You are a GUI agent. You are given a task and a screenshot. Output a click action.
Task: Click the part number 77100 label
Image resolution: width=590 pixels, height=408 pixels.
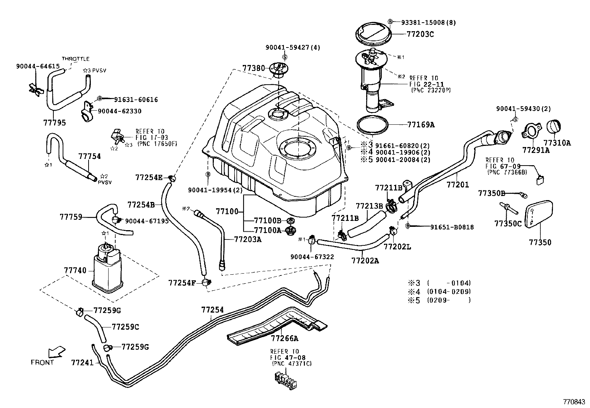coord(227,212)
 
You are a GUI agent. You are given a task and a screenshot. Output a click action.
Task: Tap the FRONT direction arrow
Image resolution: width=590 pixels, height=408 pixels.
coord(56,352)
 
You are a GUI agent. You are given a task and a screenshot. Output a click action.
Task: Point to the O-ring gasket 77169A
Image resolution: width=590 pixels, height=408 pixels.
coord(373,124)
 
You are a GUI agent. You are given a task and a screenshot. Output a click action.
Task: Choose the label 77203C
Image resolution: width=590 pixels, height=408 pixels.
coord(420,35)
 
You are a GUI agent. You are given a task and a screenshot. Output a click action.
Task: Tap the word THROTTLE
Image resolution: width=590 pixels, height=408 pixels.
coord(76,59)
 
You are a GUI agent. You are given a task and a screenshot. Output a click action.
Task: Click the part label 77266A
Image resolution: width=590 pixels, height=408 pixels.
coord(284,338)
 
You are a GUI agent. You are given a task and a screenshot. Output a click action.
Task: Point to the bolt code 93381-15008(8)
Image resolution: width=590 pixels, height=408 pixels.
coord(428,23)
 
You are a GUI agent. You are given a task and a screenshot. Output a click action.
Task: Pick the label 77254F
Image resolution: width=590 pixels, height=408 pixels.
coord(182,283)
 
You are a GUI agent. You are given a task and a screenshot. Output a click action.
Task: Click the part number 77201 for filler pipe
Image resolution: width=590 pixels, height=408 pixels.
coord(458,185)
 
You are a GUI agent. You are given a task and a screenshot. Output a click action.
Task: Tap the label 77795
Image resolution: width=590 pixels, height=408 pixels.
coord(54,123)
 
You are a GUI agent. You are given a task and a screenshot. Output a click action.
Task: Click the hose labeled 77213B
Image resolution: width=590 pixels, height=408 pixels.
coord(364,224)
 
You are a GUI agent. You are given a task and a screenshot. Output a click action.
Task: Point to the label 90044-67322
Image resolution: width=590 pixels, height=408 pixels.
coord(312,257)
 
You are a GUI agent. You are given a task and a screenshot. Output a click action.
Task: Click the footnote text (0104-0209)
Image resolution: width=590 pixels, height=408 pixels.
coord(449,292)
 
